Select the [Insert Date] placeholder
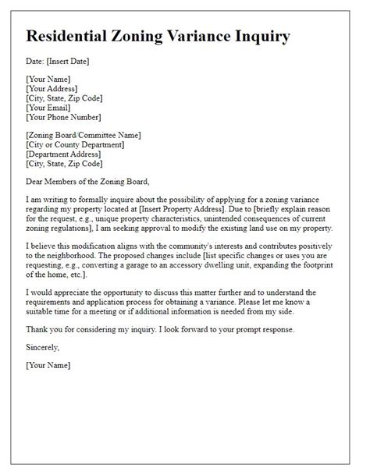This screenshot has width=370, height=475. coord(69,62)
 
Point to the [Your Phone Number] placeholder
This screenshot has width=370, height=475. coord(64,117)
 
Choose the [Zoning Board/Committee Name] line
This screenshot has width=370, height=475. coord(84,135)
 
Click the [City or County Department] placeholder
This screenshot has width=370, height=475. coord(75,144)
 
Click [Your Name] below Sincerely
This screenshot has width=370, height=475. coord(48,365)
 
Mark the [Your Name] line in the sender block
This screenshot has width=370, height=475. coord(48,80)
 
